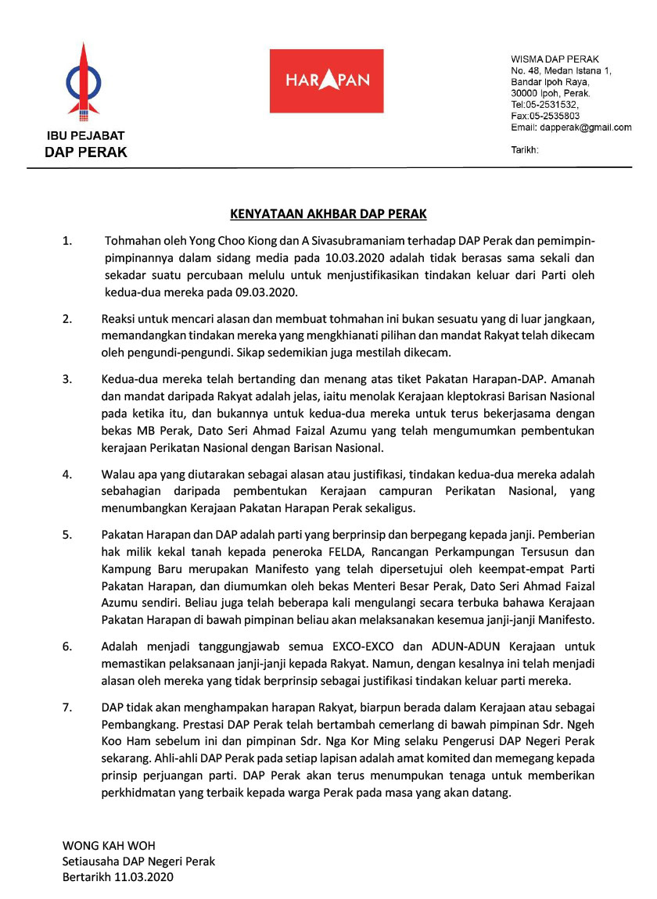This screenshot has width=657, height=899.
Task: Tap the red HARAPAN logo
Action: click(326, 81)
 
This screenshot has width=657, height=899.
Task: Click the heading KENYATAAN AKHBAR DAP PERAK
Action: click(328, 213)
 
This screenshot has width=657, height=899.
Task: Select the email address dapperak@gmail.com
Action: click(582, 127)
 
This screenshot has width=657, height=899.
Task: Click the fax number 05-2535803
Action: click(553, 116)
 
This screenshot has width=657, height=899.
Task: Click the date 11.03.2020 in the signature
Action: click(146, 876)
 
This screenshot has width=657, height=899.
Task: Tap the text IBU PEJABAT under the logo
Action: click(85, 136)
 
